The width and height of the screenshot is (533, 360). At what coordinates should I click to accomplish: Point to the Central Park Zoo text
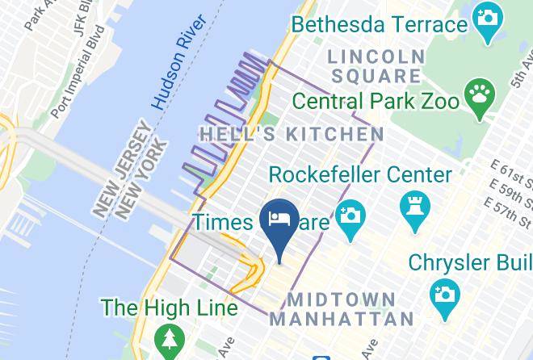pos(376,102)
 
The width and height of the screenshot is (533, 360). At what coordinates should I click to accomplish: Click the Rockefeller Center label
pos(359,174)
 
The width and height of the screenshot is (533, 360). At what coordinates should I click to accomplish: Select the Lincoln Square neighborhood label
pos(376,67)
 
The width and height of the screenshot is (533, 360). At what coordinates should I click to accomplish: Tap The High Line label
pos(169,308)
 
